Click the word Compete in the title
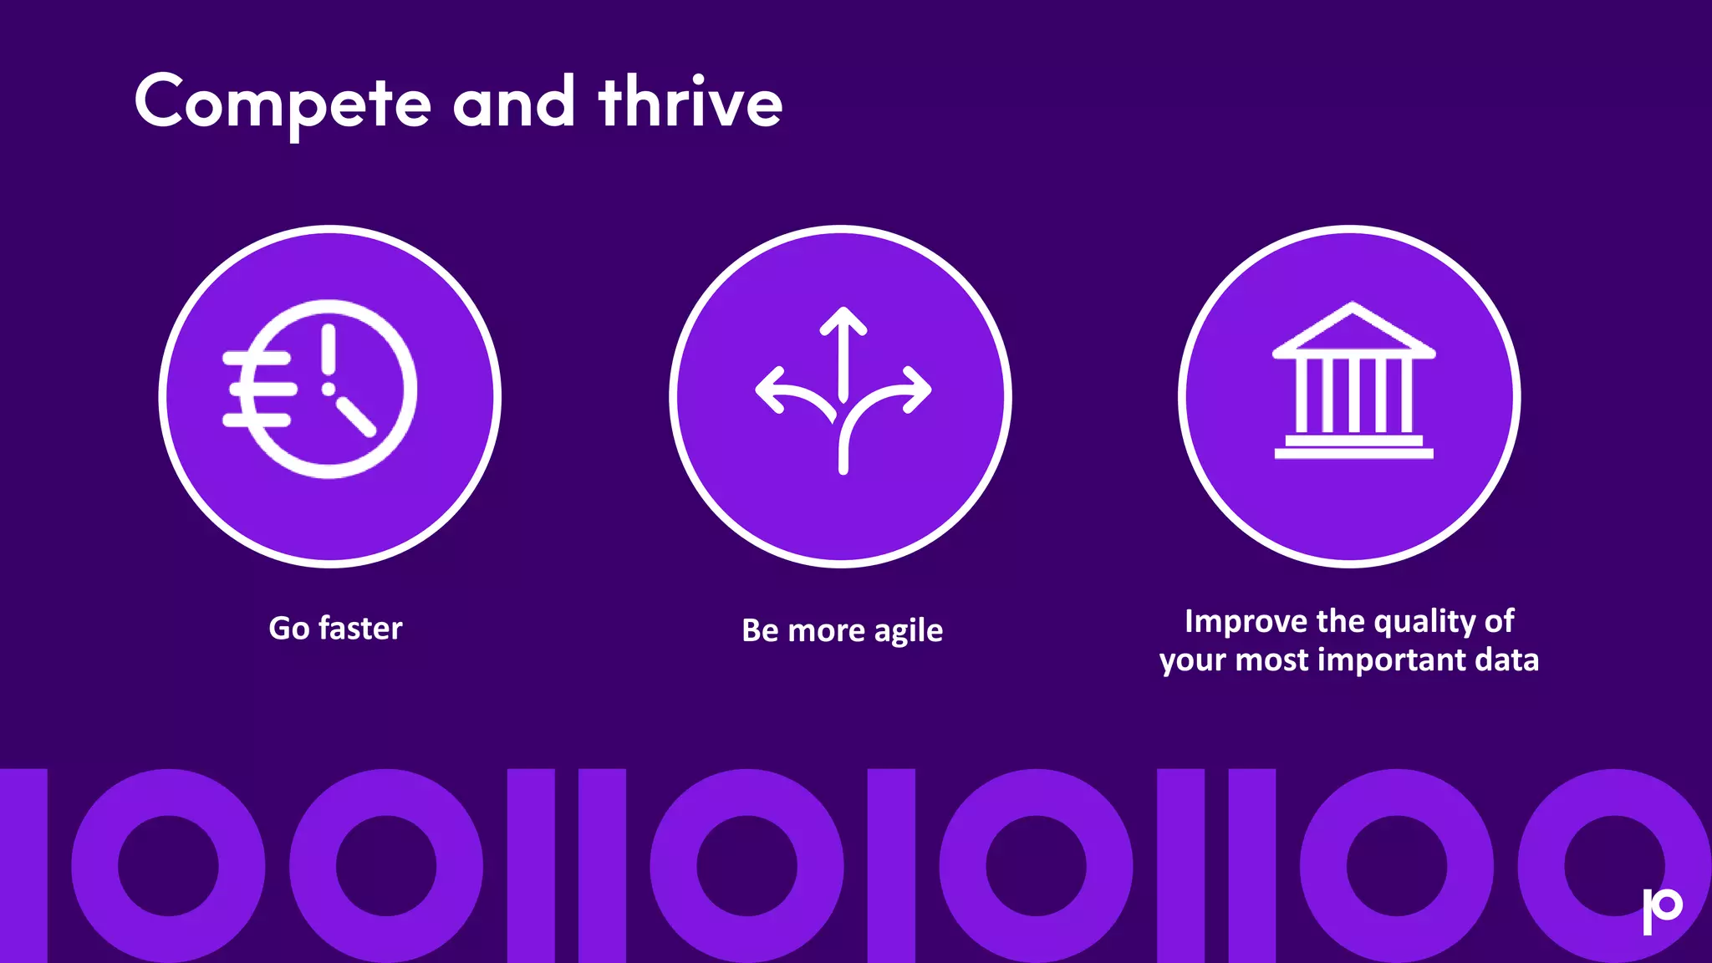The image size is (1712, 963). tap(283, 103)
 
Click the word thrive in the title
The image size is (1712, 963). tap(690, 103)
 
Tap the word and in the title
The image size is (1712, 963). tap(513, 103)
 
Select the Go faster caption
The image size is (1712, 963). tap(335, 629)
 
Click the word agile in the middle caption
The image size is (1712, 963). tap(908, 631)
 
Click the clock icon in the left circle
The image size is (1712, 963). tap(330, 389)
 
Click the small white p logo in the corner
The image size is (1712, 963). tap(1662, 909)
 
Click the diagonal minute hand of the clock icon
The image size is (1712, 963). tap(357, 416)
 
